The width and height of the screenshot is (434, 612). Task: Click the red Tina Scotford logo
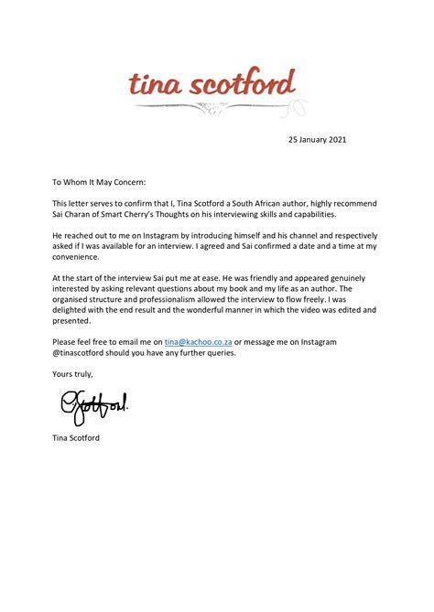pos(212,84)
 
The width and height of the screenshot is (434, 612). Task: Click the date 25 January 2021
pos(317,140)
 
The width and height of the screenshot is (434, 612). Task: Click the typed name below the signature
pos(76,438)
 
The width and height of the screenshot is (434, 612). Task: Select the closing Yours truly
pos(72,373)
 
